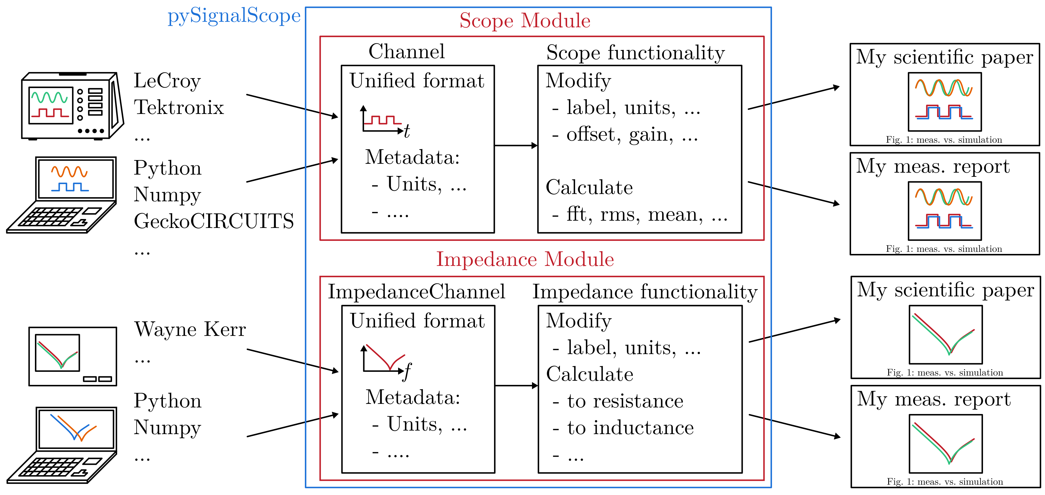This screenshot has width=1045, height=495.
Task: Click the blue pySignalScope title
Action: (x=234, y=16)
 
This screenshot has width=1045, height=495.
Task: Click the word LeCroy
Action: (x=167, y=81)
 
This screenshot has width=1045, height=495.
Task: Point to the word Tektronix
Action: (x=179, y=108)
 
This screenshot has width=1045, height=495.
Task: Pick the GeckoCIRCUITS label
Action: (x=214, y=221)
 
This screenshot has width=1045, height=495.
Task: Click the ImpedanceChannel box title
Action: (x=416, y=292)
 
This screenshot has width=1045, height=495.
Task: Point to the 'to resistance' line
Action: (x=625, y=401)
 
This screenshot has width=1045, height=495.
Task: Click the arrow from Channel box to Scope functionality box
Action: (x=516, y=146)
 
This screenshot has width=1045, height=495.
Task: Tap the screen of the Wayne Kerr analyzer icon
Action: (x=57, y=353)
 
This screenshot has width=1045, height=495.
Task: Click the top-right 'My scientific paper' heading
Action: (x=944, y=57)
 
